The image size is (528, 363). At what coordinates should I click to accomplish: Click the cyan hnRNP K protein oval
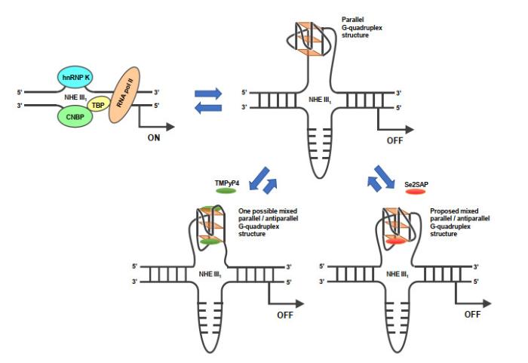tap(75, 77)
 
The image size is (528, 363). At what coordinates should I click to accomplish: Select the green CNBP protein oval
tap(75, 117)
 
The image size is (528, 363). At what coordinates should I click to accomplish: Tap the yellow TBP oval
tap(98, 106)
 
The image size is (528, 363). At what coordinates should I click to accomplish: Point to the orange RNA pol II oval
tap(124, 94)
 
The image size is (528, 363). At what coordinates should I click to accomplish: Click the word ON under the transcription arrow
tap(154, 137)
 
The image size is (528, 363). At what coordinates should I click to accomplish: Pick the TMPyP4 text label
tap(227, 183)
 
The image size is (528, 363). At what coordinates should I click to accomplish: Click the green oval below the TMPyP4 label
tap(226, 191)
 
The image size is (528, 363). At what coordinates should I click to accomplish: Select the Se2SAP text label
tap(416, 184)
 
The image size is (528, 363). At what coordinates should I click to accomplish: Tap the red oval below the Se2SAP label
tap(416, 192)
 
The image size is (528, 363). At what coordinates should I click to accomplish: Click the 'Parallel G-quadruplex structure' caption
tap(361, 27)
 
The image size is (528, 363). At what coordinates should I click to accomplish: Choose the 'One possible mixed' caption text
tap(268, 211)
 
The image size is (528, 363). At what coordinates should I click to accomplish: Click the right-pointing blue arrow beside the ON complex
tap(208, 94)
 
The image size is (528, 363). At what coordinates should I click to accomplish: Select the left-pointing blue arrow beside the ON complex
tap(208, 108)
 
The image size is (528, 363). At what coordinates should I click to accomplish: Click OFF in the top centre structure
tap(394, 140)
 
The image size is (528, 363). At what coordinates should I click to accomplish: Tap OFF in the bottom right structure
tap(472, 315)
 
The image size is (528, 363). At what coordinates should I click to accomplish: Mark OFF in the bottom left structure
tap(285, 315)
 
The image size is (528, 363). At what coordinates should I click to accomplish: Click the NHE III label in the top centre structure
tap(320, 100)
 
